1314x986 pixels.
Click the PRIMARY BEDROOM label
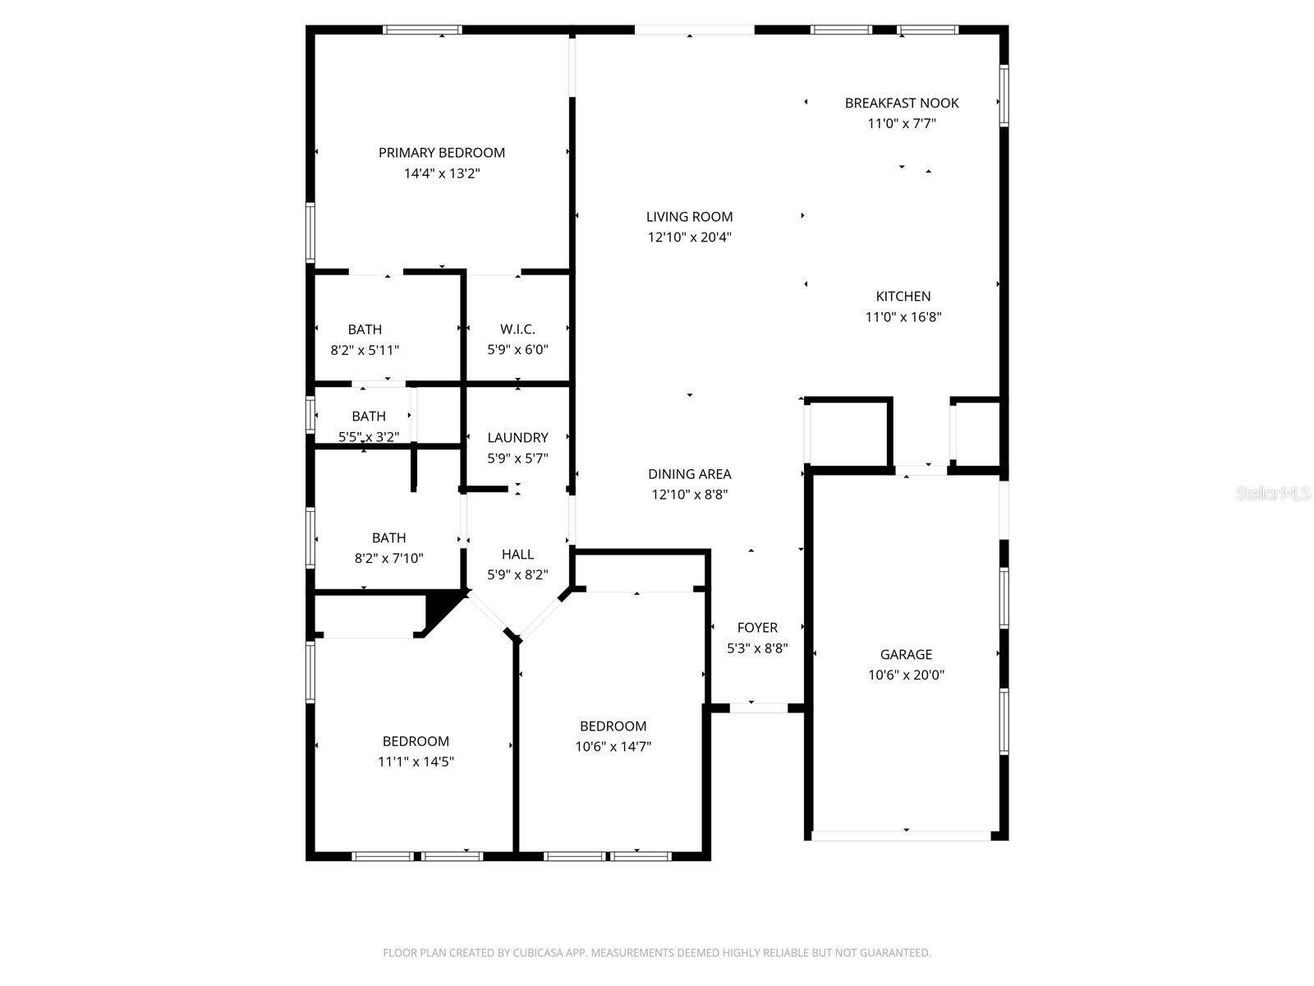[x=441, y=153]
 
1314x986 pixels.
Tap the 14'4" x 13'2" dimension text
[x=441, y=173]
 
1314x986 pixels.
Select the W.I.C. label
[x=517, y=329]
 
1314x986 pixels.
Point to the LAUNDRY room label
[x=517, y=438]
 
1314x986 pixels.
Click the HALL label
[x=517, y=555]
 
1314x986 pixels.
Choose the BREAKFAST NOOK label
[x=902, y=103]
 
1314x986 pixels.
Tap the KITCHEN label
[x=903, y=297]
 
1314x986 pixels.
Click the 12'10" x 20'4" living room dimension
[x=689, y=237]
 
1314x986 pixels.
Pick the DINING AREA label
[x=689, y=474]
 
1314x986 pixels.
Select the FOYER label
[x=757, y=628]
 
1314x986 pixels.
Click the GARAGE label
[x=906, y=655]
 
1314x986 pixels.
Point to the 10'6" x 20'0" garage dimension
[x=906, y=675]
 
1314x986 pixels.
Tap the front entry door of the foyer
[x=758, y=707]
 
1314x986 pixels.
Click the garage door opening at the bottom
[x=901, y=836]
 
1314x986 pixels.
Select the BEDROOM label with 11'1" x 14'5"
[x=416, y=741]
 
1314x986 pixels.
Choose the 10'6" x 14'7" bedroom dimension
[x=613, y=747]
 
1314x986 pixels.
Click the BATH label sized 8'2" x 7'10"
[x=388, y=538]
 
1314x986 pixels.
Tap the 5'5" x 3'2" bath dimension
[x=369, y=437]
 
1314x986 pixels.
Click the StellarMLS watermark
[x=1272, y=494]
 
